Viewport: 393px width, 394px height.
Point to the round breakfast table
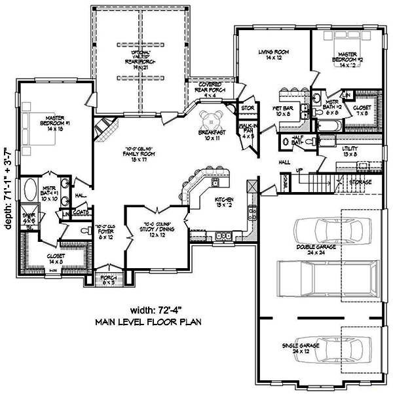coord(213,121)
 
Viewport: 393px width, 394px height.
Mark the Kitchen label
coord(225,203)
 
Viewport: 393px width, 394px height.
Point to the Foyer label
coord(105,232)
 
